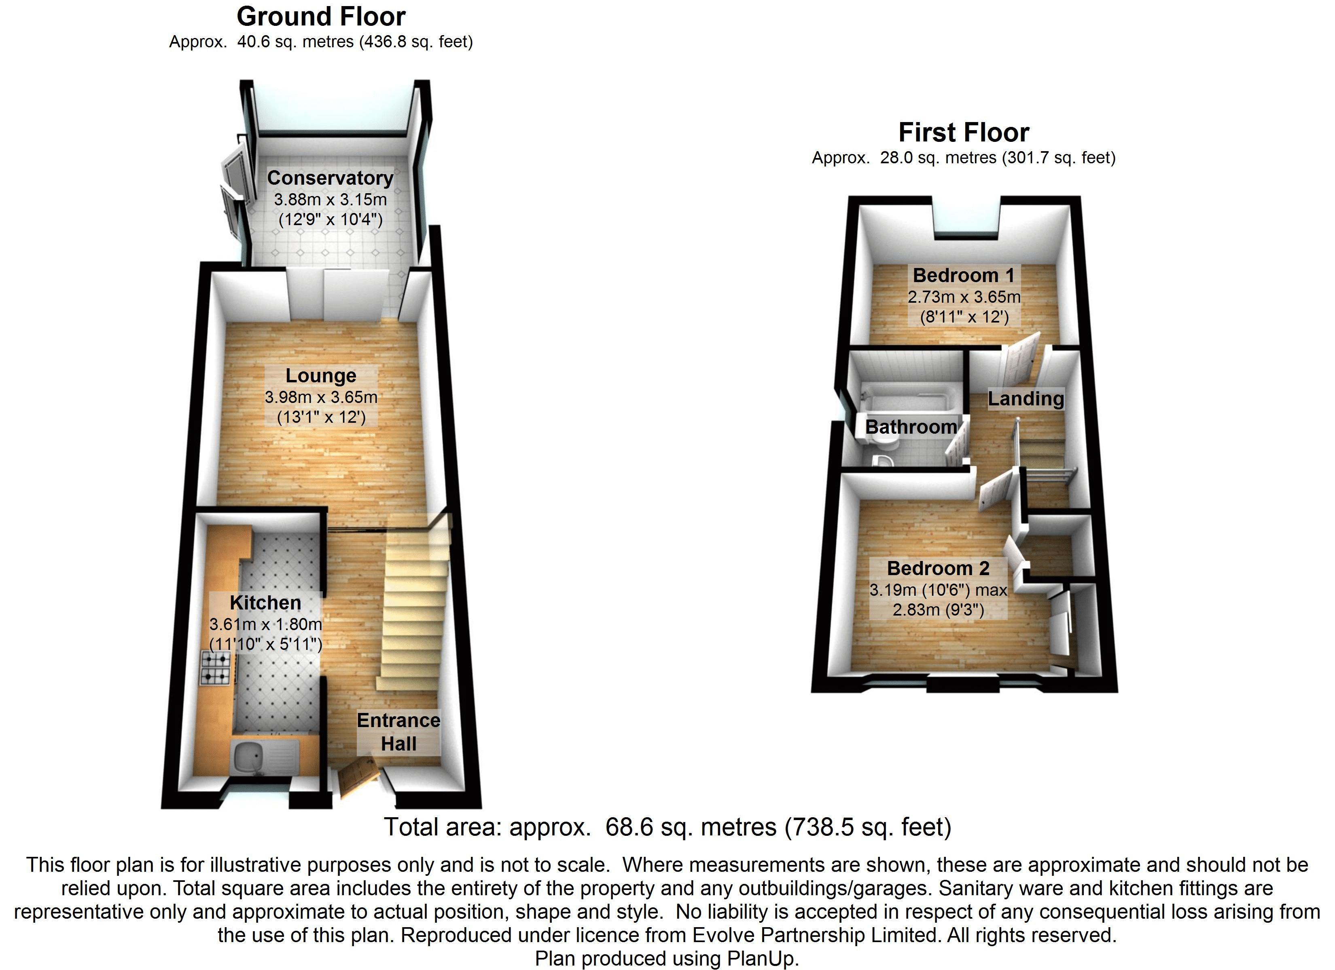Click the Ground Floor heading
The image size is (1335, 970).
point(321,17)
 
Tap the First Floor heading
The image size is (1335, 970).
point(964,132)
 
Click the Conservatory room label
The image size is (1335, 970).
point(330,178)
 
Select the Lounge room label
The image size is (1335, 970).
point(321,375)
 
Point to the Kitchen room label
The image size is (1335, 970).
point(265,602)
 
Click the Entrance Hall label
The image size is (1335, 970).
point(398,732)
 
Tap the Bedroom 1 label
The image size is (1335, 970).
point(964,275)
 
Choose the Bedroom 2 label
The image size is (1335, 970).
point(938,568)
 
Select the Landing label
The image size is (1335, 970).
point(1026,398)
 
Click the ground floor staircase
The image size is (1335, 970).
point(412,612)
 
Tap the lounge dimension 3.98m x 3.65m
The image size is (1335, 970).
point(321,397)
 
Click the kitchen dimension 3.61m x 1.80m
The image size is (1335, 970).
point(265,624)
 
